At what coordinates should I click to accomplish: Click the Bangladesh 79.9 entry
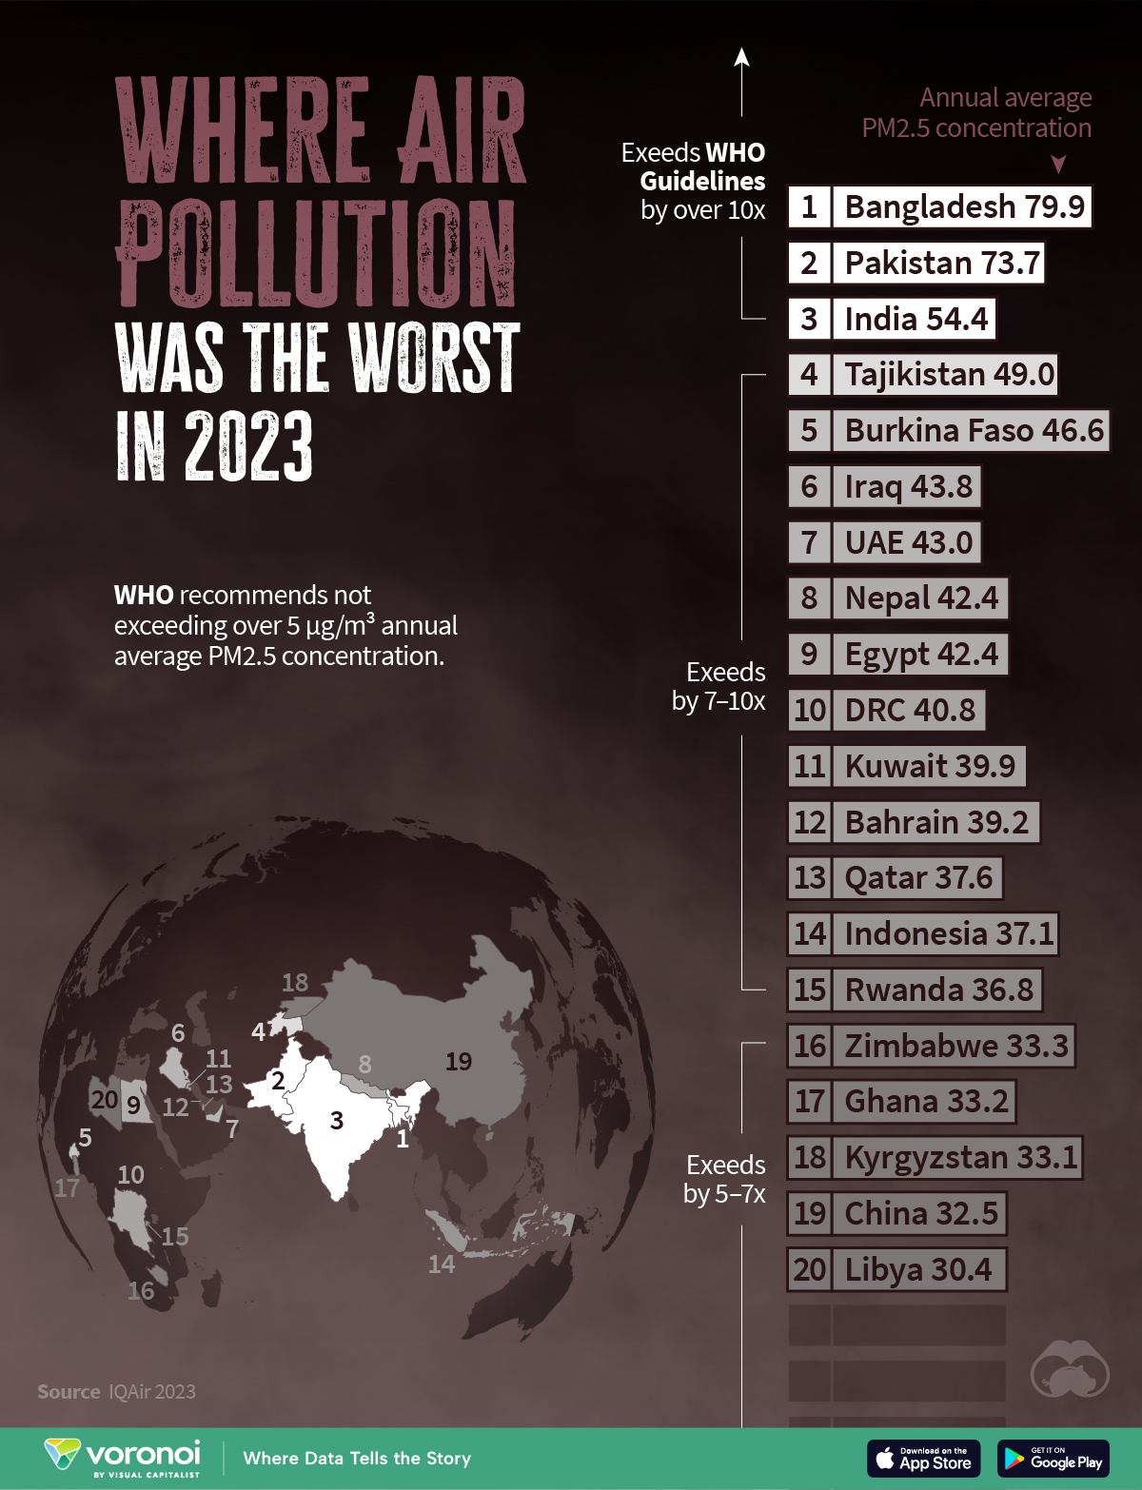pos(963,207)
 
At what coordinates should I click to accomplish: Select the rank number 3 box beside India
pos(809,320)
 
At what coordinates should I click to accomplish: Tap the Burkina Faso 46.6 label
pos(973,431)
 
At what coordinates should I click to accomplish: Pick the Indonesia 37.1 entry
pos(948,934)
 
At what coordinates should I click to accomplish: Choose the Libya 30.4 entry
pos(917,1270)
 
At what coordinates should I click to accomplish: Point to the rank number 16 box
pos(810,1047)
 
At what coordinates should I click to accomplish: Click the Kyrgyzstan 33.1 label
pos(959,1158)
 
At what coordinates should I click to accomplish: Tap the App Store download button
pos(923,1459)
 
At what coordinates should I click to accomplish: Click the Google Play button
pos(1053,1459)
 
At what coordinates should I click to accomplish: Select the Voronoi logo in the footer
pos(124,1457)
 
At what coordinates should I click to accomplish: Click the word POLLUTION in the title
pos(317,254)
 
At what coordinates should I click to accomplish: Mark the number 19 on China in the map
pos(459,1061)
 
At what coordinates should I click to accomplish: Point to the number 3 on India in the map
pos(337,1121)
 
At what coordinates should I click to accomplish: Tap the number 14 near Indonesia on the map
pos(442,1265)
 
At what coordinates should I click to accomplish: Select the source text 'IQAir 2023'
pos(152,1392)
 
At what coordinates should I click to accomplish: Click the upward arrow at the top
pos(742,59)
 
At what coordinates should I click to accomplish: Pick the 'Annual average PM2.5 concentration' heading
pos(977,113)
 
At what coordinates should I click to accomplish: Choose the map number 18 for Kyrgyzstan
pos(295,983)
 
